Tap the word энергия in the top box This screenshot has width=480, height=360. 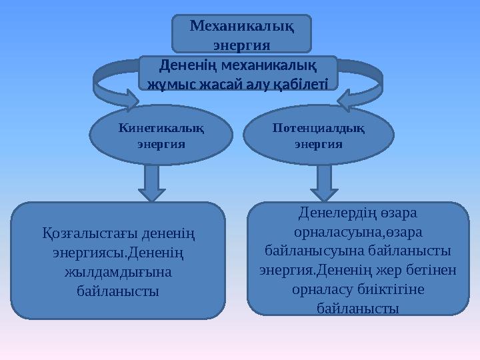(241, 44)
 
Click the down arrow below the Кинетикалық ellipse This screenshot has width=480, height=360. (153, 183)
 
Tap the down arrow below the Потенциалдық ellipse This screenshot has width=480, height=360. (325, 183)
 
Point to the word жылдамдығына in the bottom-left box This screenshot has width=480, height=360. (117, 272)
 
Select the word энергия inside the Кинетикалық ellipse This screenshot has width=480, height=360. (161, 143)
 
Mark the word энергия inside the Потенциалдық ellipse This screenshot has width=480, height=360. (319, 143)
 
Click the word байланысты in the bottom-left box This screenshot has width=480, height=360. (117, 291)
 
